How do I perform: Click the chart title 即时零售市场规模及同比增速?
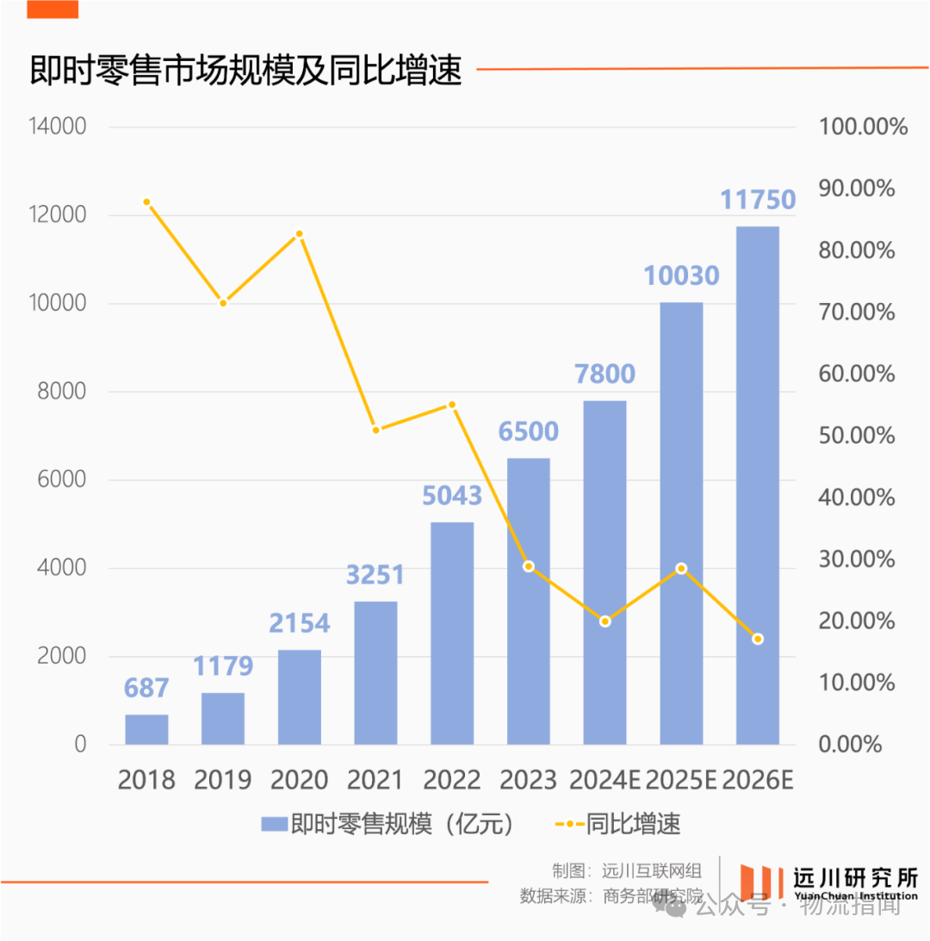245,71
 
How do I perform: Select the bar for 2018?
146,729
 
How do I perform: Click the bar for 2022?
452,633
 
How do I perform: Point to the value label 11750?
758,200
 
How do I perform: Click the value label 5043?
452,496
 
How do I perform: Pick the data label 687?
146,688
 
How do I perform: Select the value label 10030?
681,275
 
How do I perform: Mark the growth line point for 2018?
146,202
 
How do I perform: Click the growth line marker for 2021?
375,429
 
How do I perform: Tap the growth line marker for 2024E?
604,621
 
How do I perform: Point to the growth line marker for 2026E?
758,639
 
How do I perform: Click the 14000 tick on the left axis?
57,127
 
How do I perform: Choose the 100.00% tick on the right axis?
863,127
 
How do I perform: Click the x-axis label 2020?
299,780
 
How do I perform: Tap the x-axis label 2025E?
681,780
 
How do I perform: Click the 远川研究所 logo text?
854,877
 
